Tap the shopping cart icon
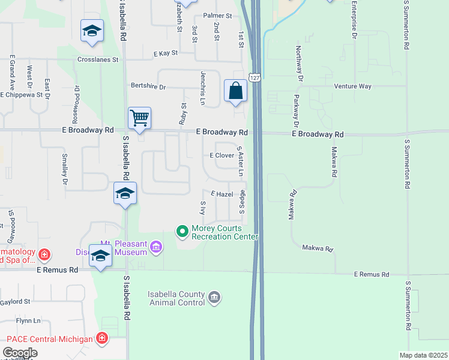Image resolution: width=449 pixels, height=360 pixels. point(139,118)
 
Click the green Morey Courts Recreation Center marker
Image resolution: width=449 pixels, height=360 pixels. point(182,230)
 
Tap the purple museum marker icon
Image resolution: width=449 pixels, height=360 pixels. point(156,247)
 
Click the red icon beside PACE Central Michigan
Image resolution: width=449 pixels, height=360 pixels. point(102,339)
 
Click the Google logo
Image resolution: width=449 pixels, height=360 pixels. point(20,353)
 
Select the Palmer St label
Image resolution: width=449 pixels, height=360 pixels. point(217,15)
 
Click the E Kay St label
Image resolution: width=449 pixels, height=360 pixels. point(166,53)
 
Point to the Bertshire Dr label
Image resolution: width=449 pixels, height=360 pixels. point(148,86)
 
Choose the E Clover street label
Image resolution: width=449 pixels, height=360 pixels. point(221,155)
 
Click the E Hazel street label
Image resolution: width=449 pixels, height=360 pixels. point(221,194)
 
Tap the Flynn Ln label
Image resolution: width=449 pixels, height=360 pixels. point(29,321)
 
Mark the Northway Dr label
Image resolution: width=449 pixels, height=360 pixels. point(298,63)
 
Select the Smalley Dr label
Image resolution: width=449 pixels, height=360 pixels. point(64,169)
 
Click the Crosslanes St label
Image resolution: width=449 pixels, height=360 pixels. point(98,60)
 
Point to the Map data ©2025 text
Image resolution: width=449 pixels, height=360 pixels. point(424,355)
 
